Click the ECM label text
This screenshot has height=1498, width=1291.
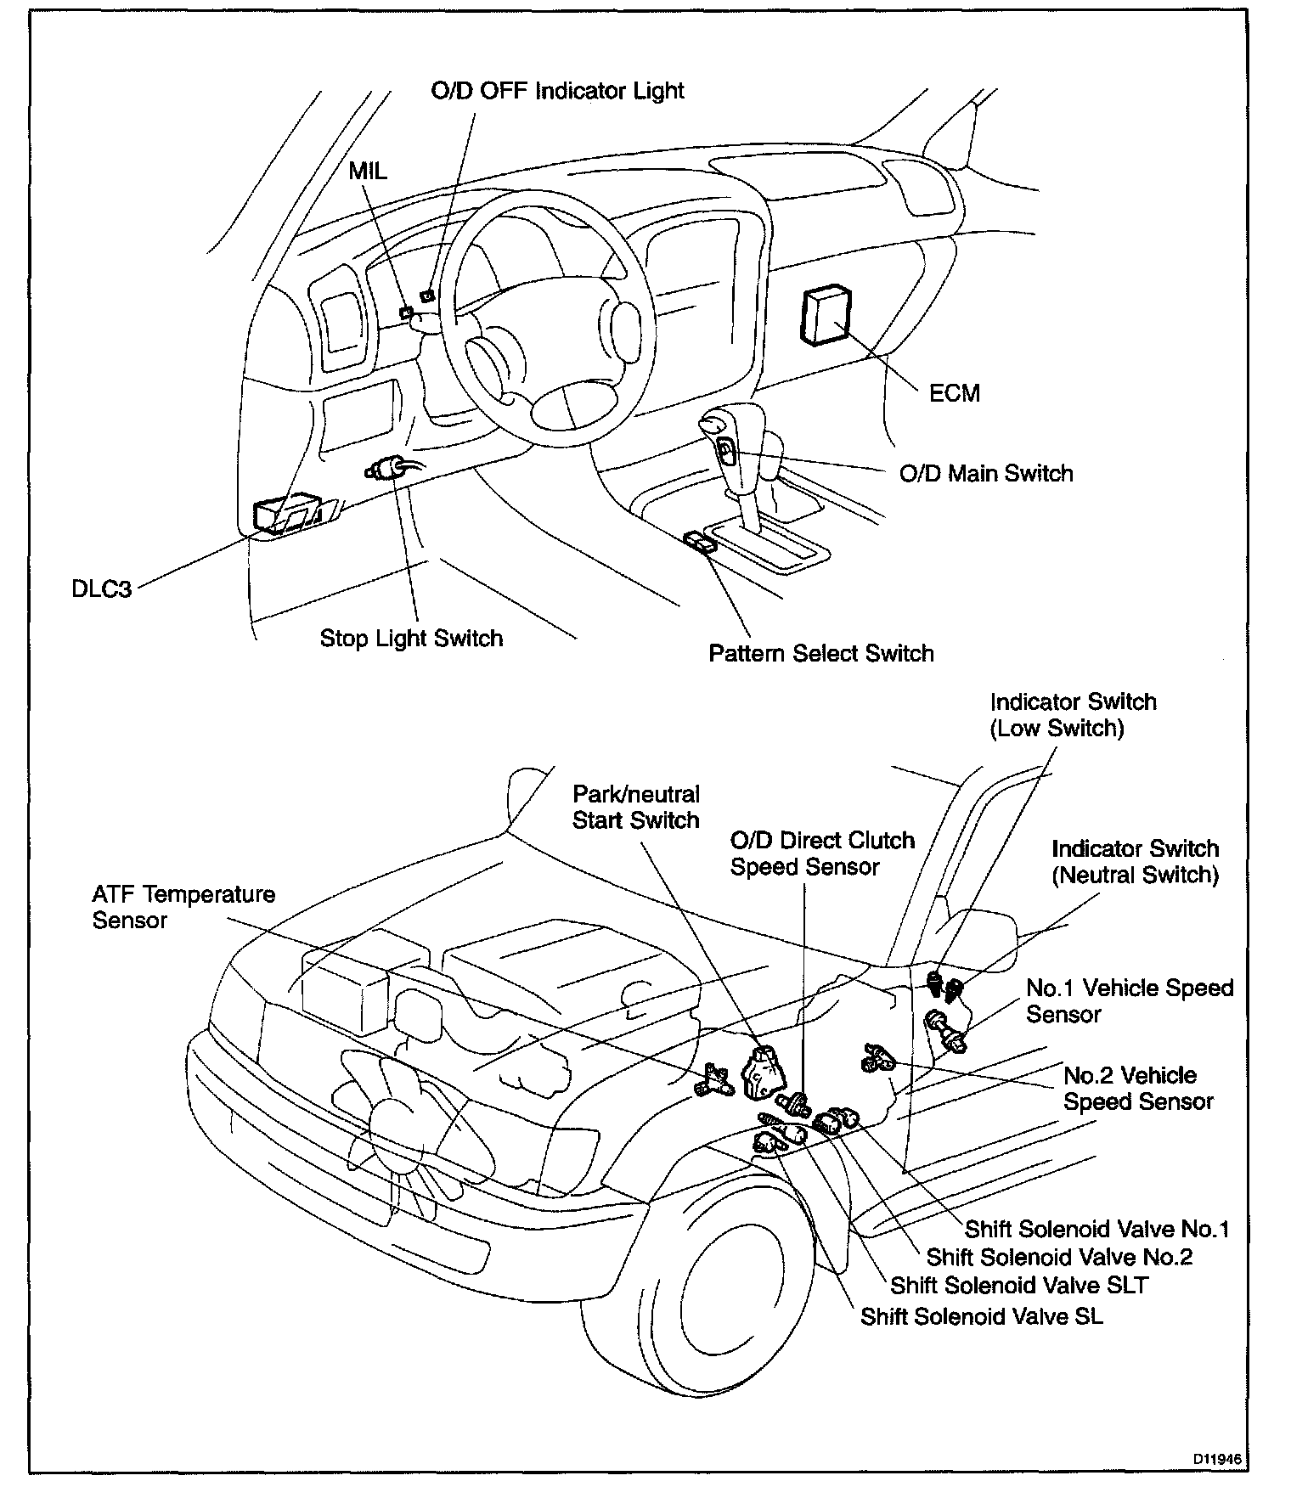(x=955, y=393)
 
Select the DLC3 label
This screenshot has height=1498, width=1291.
(x=101, y=588)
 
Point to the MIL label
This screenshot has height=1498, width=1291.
(x=367, y=171)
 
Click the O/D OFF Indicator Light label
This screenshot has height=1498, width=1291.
(x=557, y=91)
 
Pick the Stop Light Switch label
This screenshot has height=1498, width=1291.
(x=411, y=639)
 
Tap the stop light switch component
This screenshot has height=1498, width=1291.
(x=386, y=469)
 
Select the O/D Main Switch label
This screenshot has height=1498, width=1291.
(x=986, y=473)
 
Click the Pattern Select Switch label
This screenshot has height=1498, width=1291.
(x=821, y=653)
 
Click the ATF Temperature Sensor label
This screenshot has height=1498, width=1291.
(x=183, y=907)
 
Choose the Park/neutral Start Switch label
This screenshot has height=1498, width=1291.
(x=635, y=807)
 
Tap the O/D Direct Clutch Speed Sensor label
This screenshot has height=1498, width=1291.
(x=822, y=853)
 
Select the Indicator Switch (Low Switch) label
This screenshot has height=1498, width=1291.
(x=1073, y=715)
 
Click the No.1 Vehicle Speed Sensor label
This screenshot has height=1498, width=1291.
(x=1129, y=1001)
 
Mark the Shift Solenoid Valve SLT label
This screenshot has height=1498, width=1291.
(x=1019, y=1285)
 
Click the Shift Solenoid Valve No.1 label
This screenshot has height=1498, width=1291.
(x=1097, y=1229)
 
